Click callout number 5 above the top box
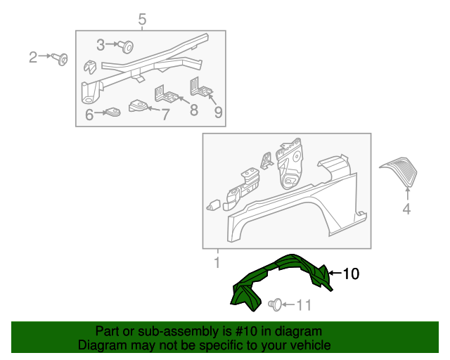tap(142, 19)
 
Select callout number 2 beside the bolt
tap(33, 57)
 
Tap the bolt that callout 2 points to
tap(60, 59)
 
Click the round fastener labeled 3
tap(127, 46)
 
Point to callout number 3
tap(101, 45)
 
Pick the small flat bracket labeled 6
tap(113, 112)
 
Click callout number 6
tap(89, 115)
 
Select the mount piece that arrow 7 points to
tap(138, 105)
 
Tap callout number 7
tap(165, 115)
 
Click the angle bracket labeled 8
tap(167, 94)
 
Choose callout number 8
tap(194, 110)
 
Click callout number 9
tap(218, 112)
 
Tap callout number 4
tap(406, 208)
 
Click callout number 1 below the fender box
tap(217, 263)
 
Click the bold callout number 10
tap(351, 274)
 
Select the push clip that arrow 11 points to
tap(276, 304)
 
